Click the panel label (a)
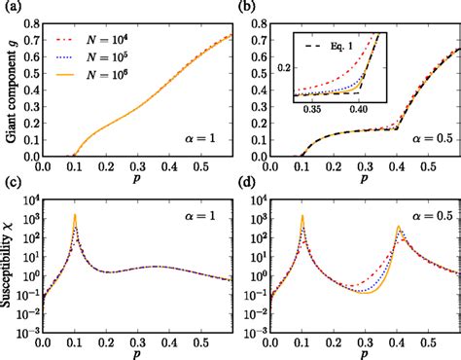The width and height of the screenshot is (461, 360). pos(10,9)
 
